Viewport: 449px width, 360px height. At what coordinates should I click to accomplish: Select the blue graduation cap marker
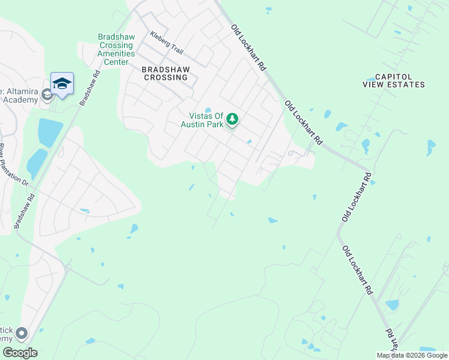pos(62,83)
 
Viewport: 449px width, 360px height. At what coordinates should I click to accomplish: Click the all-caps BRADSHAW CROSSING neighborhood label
pos(166,73)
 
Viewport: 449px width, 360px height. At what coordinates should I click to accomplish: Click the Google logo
pos(19,353)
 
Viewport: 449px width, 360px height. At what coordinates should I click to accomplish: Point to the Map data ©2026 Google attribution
pos(412,355)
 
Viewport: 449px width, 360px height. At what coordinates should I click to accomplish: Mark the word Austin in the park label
pos(194,124)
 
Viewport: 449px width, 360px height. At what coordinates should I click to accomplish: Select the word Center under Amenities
pos(116,62)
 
